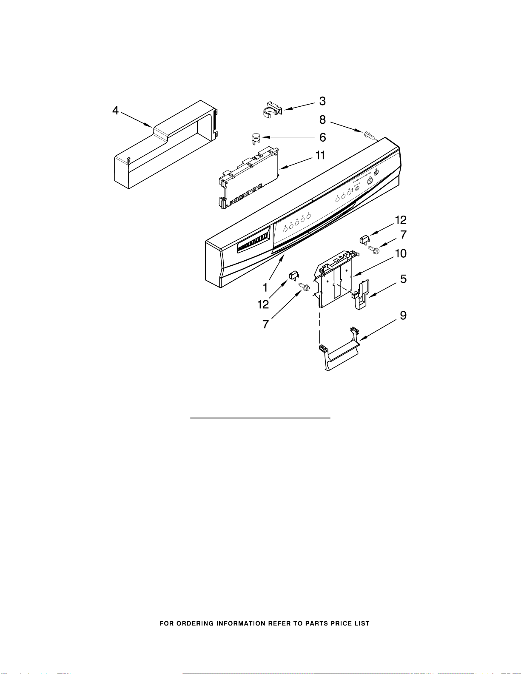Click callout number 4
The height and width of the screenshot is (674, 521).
[x=115, y=111]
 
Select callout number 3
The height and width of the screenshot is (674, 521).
[x=322, y=101]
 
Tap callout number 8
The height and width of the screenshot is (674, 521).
[x=322, y=120]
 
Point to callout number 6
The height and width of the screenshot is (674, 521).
[x=322, y=137]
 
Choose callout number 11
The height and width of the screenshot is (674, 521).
[x=320, y=156]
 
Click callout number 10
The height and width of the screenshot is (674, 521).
[x=401, y=254]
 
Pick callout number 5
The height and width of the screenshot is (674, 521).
[x=403, y=279]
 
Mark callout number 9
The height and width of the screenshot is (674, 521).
[x=403, y=316]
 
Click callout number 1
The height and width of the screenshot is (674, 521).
[x=265, y=288]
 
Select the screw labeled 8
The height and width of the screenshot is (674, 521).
[x=369, y=136]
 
